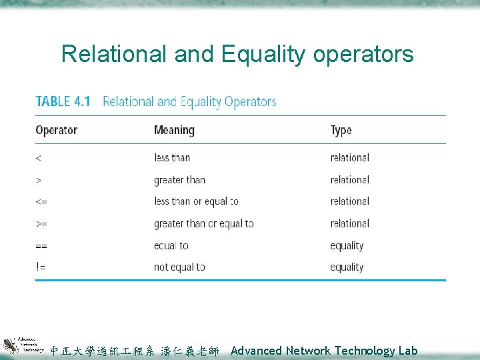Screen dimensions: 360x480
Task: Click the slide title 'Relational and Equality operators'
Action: click(237, 54)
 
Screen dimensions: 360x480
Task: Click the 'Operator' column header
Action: click(56, 130)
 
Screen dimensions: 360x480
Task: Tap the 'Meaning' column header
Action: click(174, 130)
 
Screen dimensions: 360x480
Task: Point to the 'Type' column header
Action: click(341, 130)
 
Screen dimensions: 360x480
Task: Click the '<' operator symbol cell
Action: click(38, 158)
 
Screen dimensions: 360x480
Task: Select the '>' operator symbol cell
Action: click(38, 180)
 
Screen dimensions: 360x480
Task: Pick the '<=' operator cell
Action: click(41, 201)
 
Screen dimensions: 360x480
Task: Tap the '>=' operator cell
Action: click(41, 223)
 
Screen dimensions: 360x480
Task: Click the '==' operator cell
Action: click(41, 245)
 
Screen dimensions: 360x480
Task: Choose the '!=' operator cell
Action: click(41, 267)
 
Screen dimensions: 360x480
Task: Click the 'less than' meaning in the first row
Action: click(172, 158)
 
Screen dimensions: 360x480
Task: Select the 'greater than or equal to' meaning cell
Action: click(203, 223)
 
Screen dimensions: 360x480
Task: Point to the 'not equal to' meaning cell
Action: click(179, 267)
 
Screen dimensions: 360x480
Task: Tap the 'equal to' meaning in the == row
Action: click(171, 245)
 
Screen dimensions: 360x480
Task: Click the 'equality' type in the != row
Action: click(347, 267)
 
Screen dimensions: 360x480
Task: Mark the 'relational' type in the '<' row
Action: click(349, 158)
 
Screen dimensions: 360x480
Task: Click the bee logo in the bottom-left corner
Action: click(9, 345)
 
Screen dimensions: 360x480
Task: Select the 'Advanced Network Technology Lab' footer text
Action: click(324, 350)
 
